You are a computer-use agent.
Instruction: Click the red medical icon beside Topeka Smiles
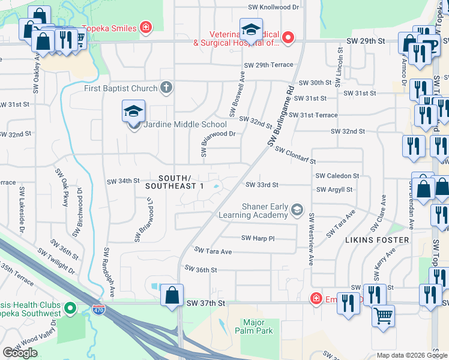[x=145, y=27]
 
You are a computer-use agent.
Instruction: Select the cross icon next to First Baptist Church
[x=167, y=88]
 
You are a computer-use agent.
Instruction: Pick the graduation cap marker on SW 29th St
[x=251, y=30]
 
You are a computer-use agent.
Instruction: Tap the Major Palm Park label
[x=258, y=326]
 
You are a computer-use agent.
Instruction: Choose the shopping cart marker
[x=384, y=314]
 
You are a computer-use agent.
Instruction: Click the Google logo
[x=20, y=353]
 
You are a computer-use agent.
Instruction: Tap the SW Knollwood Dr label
[x=273, y=8]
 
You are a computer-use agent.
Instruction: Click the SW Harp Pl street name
[x=258, y=238]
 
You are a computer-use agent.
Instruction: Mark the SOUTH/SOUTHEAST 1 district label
[x=175, y=182]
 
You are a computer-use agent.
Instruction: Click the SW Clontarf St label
[x=295, y=157]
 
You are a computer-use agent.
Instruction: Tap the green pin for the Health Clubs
[x=70, y=309]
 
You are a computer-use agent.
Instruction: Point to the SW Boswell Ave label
[x=237, y=95]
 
